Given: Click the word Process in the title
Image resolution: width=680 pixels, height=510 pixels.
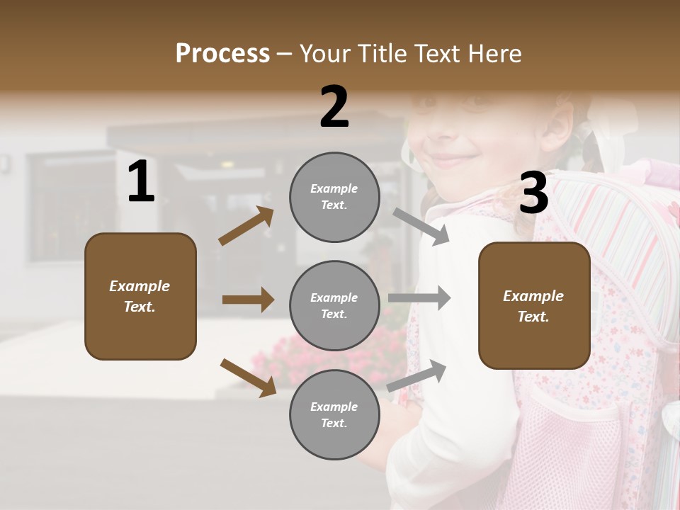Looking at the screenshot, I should click(222, 54).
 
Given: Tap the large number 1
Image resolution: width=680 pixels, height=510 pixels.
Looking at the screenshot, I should click(141, 182).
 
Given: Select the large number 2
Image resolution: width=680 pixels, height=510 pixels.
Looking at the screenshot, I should click(334, 107).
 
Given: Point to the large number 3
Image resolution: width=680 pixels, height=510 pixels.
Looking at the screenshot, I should click(533, 193).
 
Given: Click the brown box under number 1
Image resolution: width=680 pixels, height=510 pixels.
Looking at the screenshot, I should click(140, 296).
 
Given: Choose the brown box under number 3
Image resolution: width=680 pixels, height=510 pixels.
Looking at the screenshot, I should click(534, 305).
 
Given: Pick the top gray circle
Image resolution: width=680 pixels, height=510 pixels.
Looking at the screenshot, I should click(334, 197).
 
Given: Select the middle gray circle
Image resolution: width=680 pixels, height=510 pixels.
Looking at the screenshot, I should click(334, 306).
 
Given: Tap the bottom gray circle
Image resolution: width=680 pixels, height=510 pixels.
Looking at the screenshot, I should click(334, 415).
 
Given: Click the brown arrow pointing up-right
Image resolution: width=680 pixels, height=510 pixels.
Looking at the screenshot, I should click(246, 226).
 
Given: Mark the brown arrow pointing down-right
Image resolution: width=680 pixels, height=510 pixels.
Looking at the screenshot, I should click(248, 377).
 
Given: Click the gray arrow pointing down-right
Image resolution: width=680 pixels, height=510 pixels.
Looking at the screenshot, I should click(421, 227).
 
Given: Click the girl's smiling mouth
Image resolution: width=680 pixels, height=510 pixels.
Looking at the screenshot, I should click(450, 157).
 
